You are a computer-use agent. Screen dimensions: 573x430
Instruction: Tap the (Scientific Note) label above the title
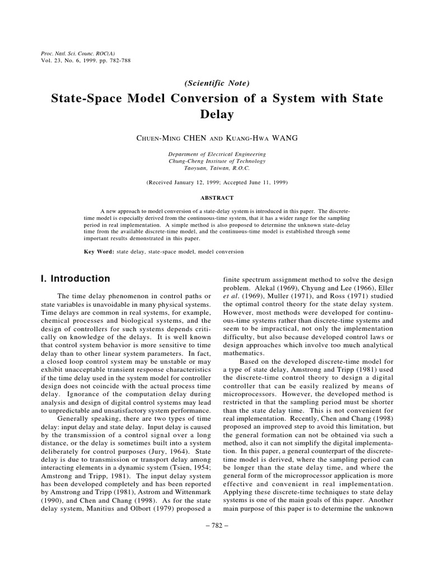[214, 83]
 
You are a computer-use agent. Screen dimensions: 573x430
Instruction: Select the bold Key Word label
[99, 252]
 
